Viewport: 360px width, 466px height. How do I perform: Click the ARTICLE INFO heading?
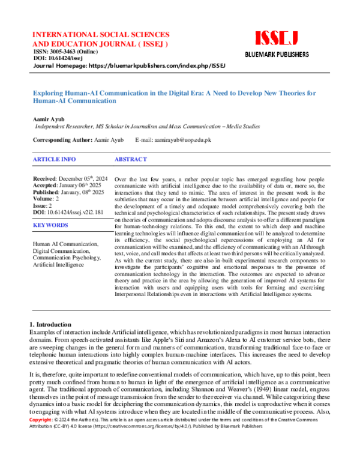[55, 160]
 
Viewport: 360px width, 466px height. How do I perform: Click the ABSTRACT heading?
[130, 160]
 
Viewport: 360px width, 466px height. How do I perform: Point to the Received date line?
[70, 179]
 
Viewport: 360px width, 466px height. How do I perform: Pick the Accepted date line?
[68, 186]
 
